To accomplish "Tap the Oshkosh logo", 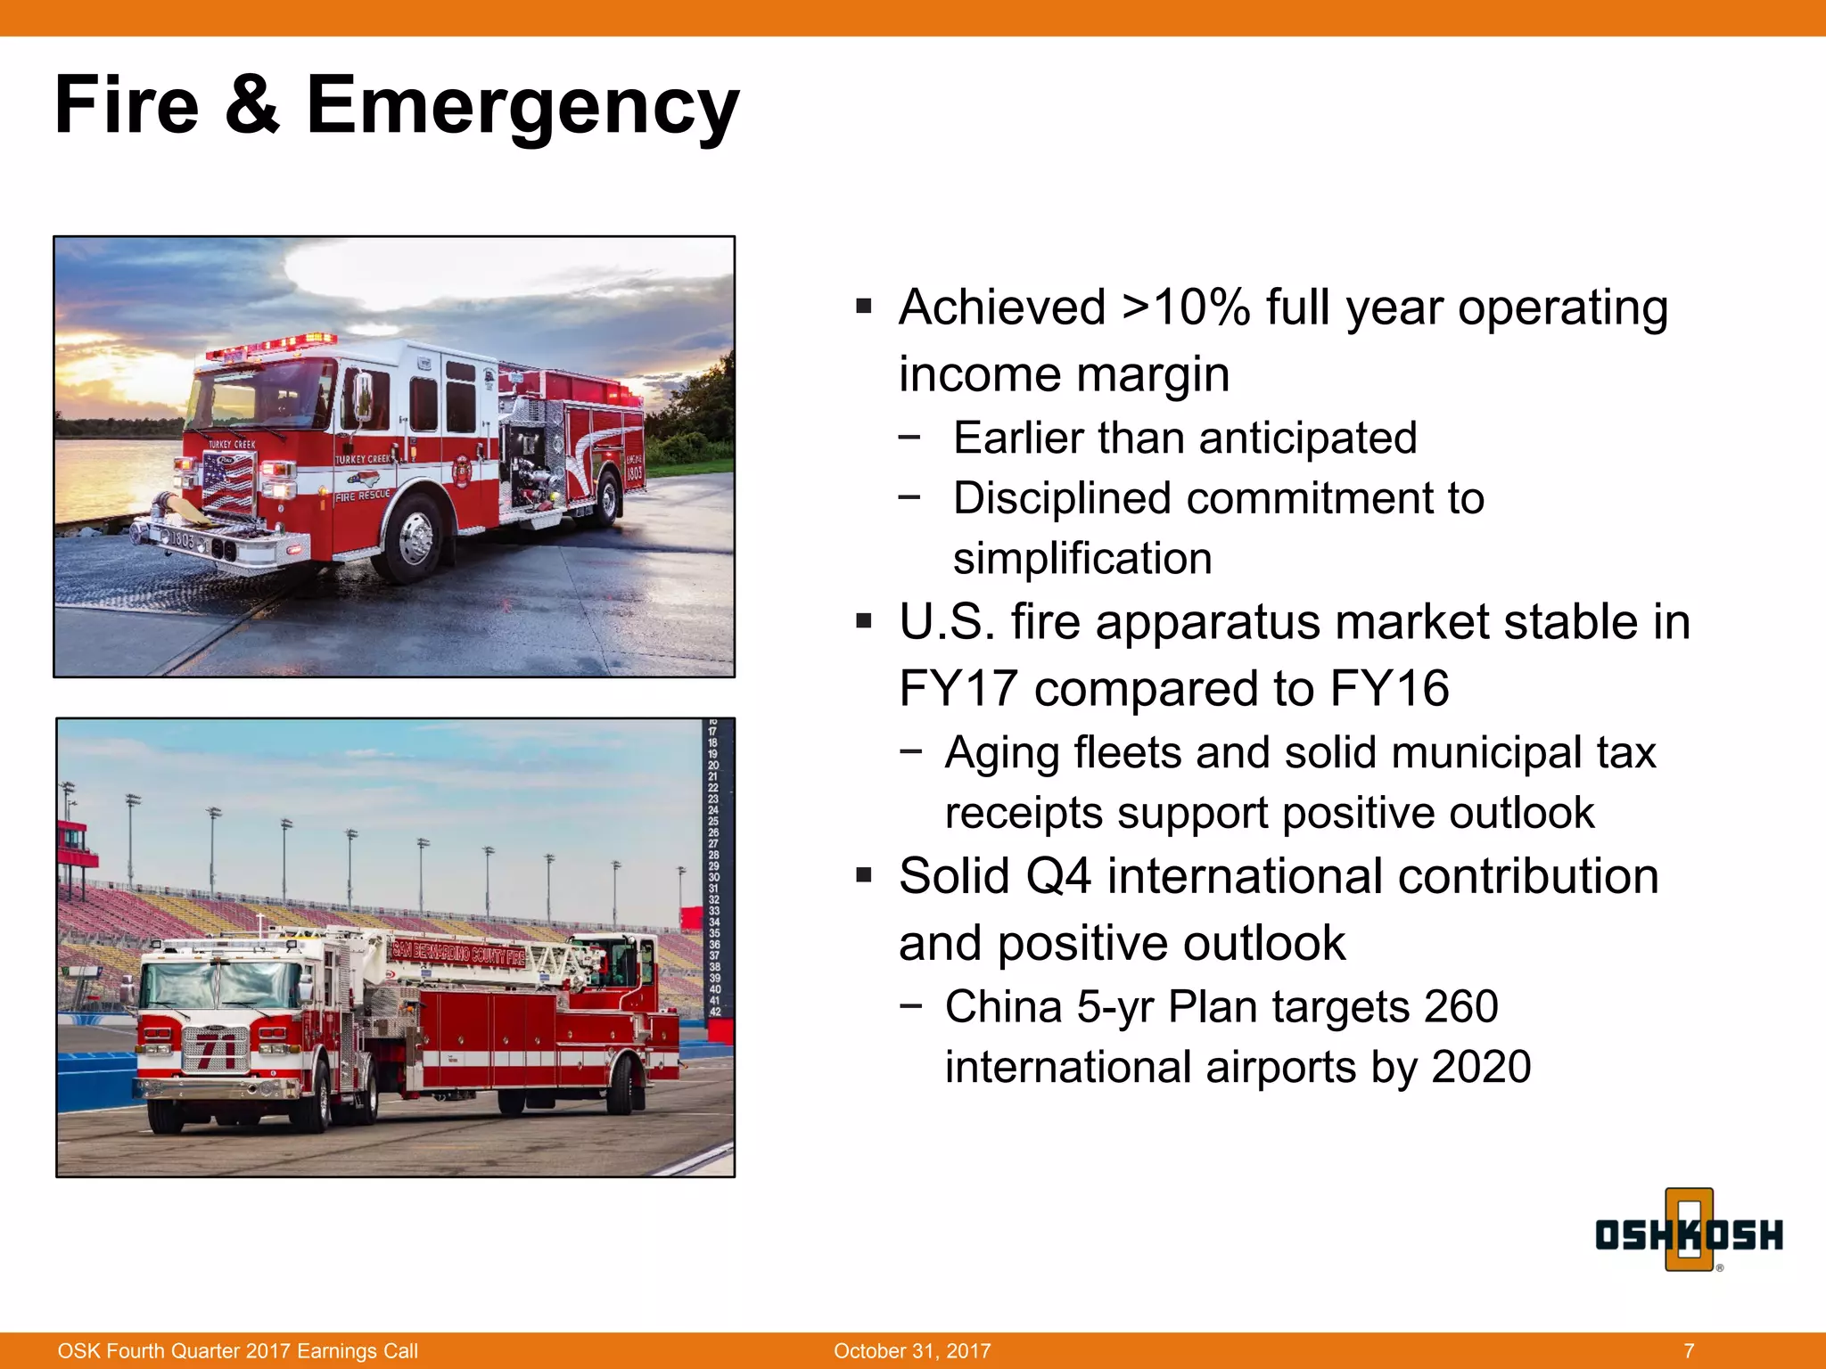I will [x=1689, y=1234].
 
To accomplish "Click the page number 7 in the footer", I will [x=1689, y=1350].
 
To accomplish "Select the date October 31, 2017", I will [x=911, y=1350].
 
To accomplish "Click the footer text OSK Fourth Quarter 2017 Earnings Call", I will [x=237, y=1350].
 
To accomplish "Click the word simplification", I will [x=1082, y=559].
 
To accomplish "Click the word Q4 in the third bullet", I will [x=1057, y=876].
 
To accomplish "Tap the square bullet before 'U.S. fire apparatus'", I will [x=863, y=620].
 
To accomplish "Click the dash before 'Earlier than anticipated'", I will [x=909, y=437].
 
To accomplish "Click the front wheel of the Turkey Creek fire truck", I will [x=415, y=537].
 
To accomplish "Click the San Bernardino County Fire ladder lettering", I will [x=458, y=955].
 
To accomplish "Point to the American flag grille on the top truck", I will [x=228, y=482].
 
